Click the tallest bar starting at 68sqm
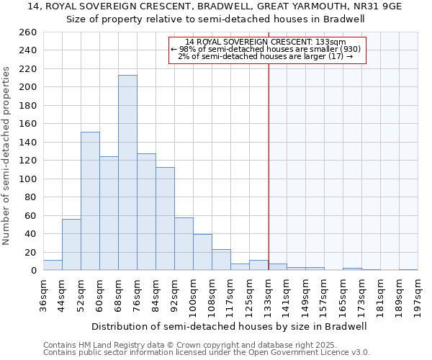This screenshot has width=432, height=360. click(x=127, y=173)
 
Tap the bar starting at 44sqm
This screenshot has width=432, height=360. click(x=71, y=245)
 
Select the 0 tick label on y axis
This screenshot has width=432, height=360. click(x=33, y=271)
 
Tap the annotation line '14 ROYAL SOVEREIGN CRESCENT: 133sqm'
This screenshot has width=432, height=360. click(x=266, y=42)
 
